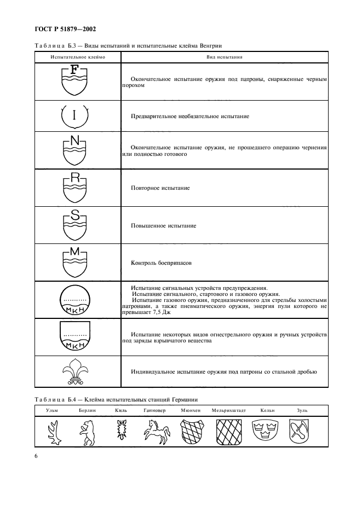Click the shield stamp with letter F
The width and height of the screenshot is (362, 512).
pos(75,81)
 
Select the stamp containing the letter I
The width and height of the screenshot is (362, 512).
pos(75,116)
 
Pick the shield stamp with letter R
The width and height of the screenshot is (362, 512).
pos(75,188)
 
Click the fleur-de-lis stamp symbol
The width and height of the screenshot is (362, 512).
pos(75,373)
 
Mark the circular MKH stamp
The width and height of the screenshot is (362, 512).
pos(75,300)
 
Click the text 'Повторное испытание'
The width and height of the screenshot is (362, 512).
pos(160,188)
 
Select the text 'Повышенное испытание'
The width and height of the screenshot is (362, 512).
pos(164,225)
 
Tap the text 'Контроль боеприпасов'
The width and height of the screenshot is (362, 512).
pos(162,263)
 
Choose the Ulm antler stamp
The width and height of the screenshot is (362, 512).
pos(53,430)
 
